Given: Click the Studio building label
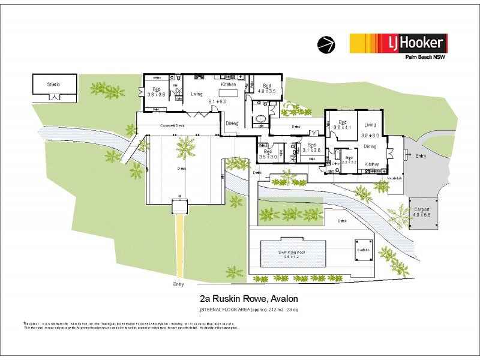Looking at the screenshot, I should point(54,85).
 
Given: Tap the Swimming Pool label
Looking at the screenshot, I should point(292,253).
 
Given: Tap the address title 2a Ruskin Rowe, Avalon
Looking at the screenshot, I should point(248,298).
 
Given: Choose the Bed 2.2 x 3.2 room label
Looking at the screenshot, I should point(351,160).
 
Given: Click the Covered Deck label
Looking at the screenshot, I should point(171,126).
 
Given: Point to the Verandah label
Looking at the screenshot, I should point(394,178).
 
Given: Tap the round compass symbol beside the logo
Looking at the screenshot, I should point(326,43).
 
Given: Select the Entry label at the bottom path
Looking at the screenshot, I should point(179,284).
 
